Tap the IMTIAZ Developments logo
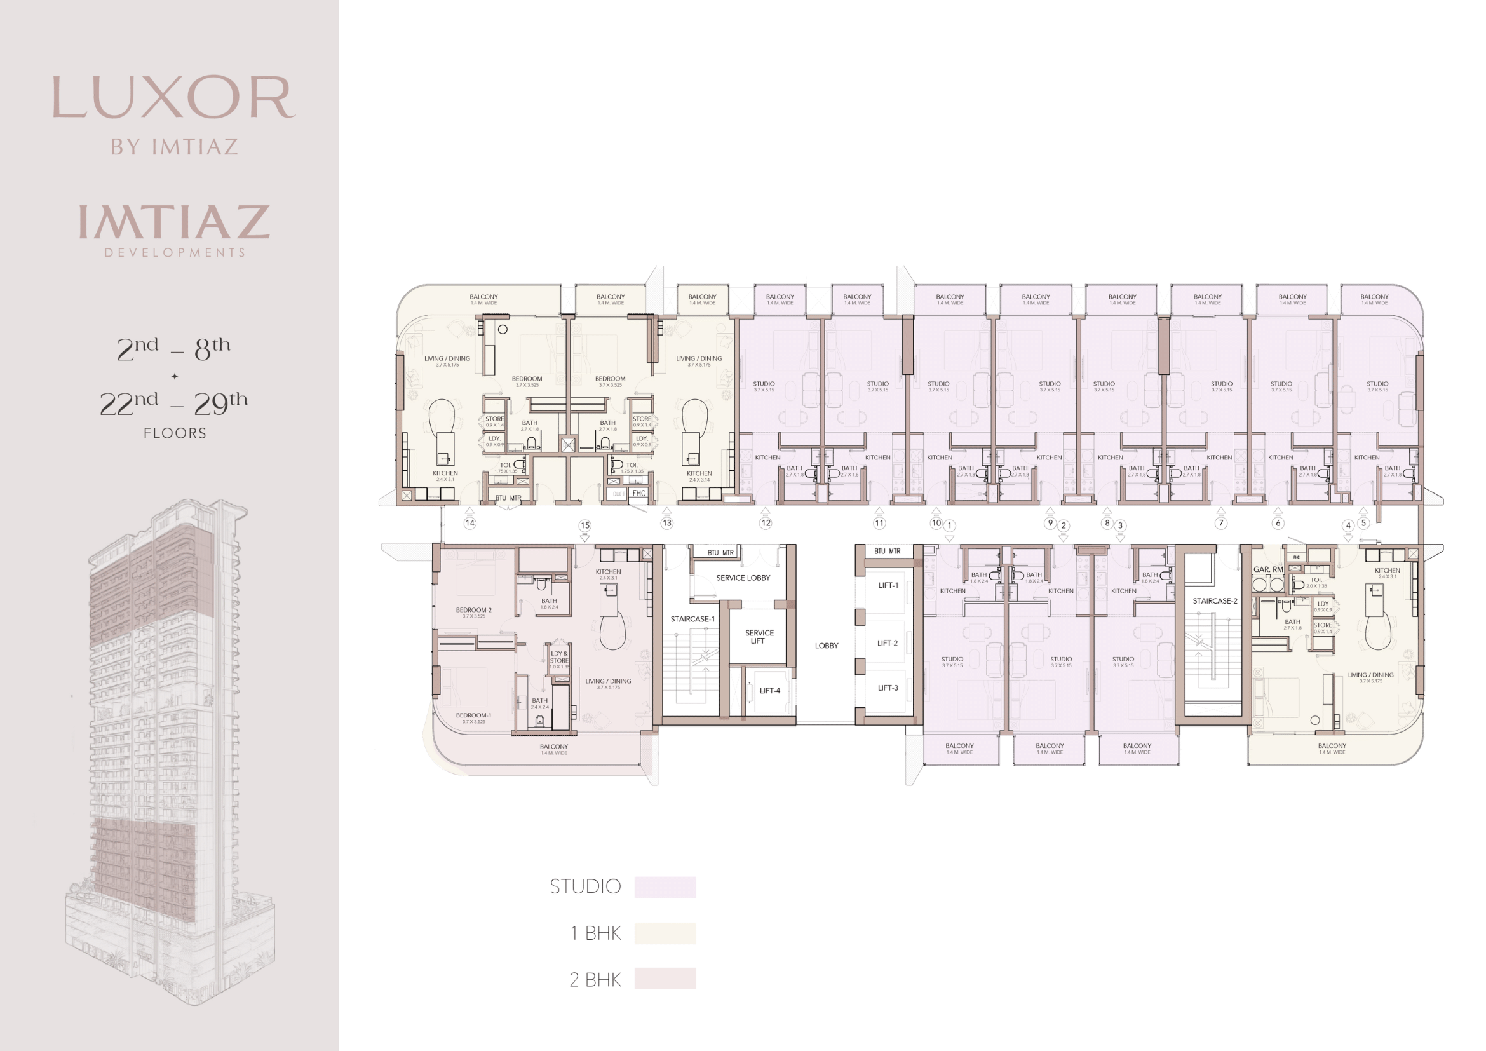[x=174, y=230]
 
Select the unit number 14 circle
[x=470, y=523]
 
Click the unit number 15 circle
[x=585, y=525]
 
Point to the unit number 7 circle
[x=1220, y=523]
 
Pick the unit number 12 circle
[x=766, y=523]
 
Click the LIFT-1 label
[x=888, y=585]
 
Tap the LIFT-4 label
[x=769, y=691]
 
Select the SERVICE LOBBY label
[x=743, y=578]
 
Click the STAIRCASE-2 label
[x=1215, y=601]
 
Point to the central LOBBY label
[x=827, y=646]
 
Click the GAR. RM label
[x=1268, y=569]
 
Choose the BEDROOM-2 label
[x=474, y=610]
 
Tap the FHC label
[x=638, y=493]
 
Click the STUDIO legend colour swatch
[x=665, y=886]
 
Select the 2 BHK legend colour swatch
[x=665, y=979]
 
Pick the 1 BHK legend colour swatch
[x=665, y=933]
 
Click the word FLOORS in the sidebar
[x=175, y=433]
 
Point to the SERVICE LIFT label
[x=759, y=637]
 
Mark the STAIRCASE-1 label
[x=692, y=620]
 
